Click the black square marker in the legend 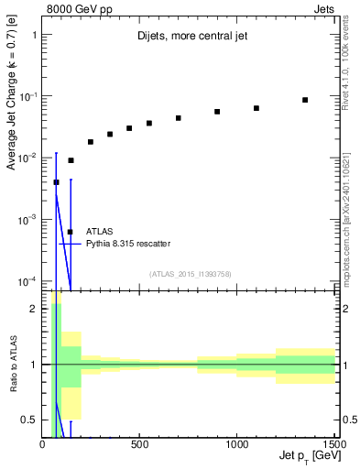point(71,232)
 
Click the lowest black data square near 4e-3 point(57,182)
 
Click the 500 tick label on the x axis point(139,444)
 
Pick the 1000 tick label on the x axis point(236,444)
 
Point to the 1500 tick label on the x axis point(333,444)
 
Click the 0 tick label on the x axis point(42,444)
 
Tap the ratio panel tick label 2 point(33,309)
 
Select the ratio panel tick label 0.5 point(28,420)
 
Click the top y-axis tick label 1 point(33,35)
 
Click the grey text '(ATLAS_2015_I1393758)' point(191,273)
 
